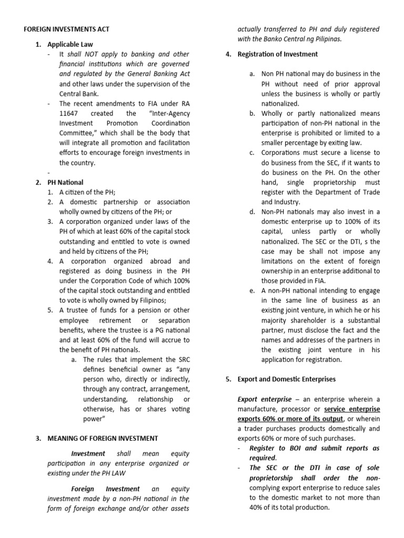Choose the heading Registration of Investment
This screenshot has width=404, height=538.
(277, 54)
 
